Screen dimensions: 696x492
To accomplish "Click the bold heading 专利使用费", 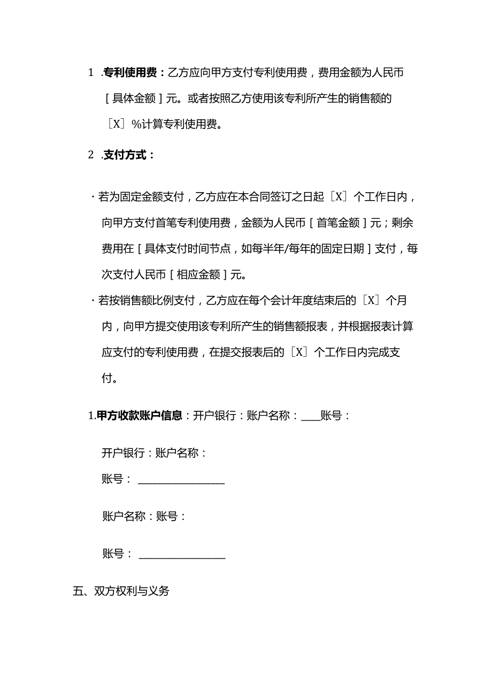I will tap(130, 73).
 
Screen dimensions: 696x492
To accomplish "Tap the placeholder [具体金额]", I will tap(132, 99).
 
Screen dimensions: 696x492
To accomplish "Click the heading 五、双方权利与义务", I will tap(121, 591).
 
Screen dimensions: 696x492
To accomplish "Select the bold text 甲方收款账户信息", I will tap(139, 416).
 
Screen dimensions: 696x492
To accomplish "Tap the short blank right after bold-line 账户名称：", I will tap(310, 417).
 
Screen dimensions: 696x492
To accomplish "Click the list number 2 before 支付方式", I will tap(91, 155).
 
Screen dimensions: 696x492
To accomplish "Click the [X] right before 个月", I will tap(370, 301).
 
